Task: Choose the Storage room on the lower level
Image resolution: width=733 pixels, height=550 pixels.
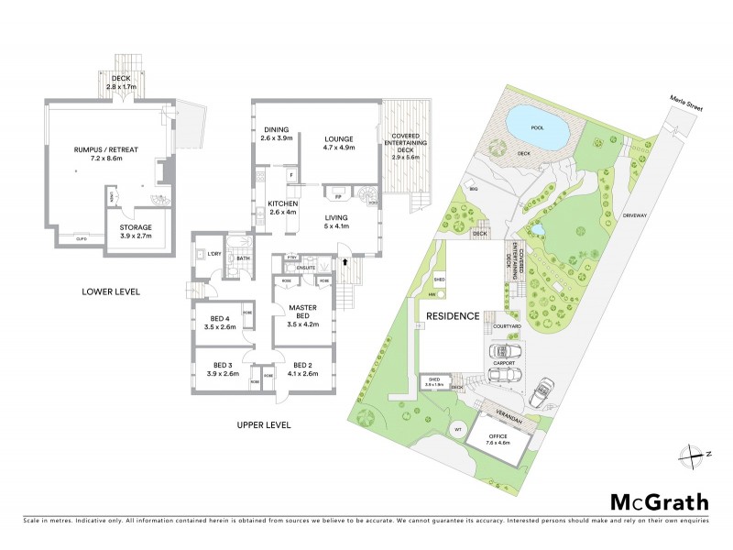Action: click(x=129, y=231)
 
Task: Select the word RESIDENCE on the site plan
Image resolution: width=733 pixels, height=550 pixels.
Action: click(x=453, y=316)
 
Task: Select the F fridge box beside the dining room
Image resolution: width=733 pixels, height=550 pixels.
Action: click(x=290, y=173)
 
